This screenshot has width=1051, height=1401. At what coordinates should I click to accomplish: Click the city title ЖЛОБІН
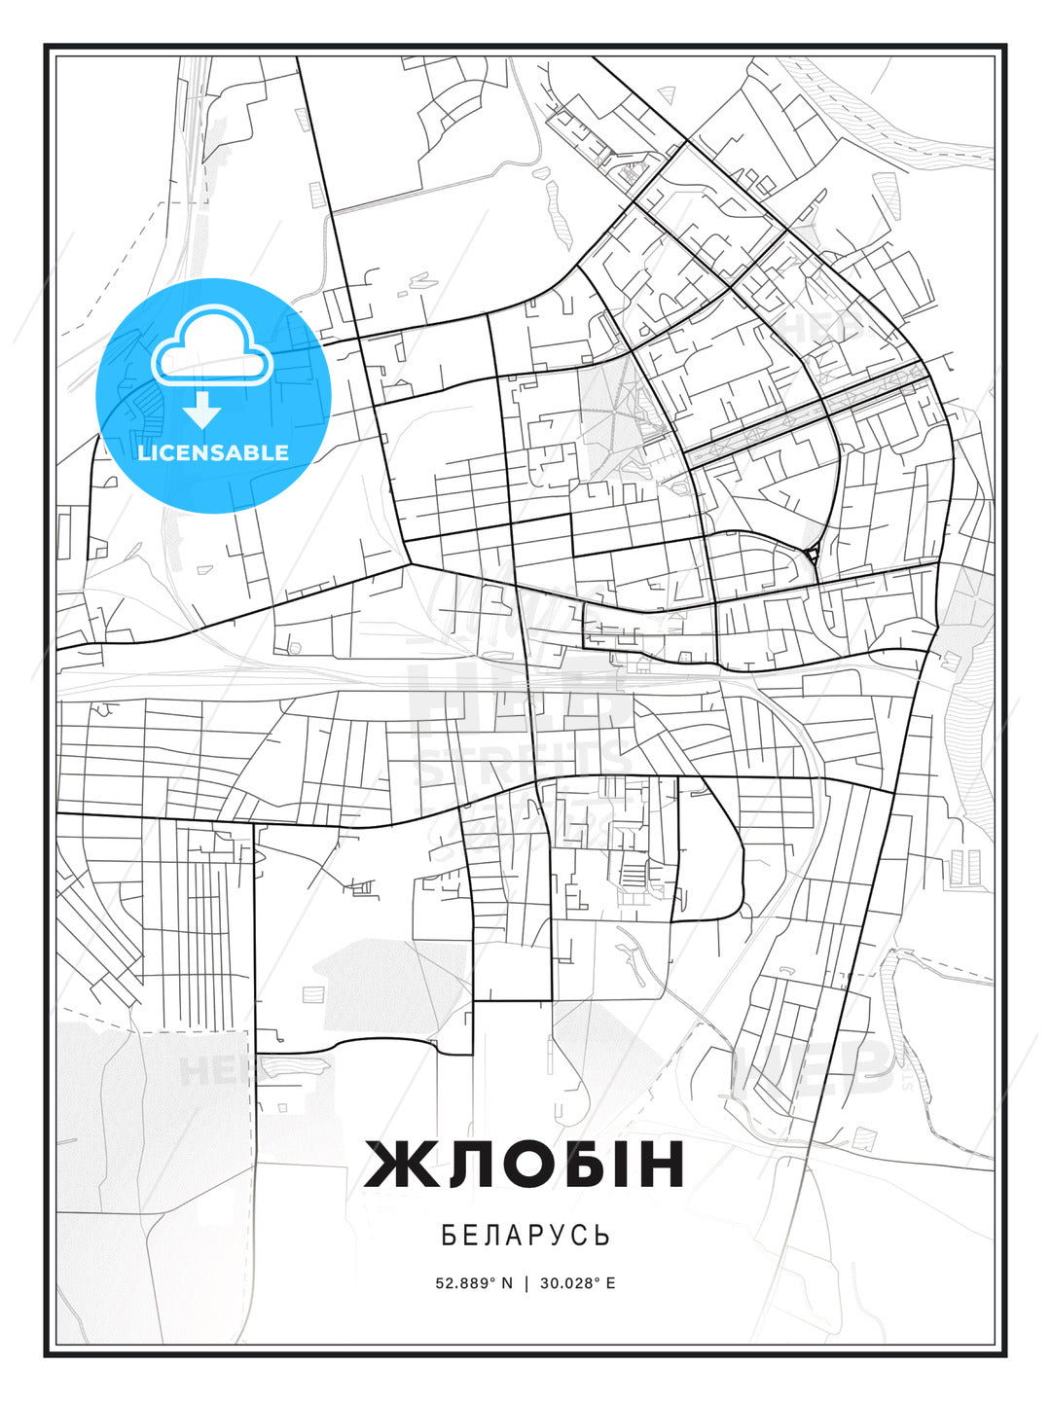pyautogui.click(x=525, y=1164)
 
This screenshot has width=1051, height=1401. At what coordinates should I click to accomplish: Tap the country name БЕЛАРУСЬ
pyautogui.click(x=525, y=1235)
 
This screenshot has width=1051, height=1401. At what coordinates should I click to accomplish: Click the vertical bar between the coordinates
pyautogui.click(x=526, y=1282)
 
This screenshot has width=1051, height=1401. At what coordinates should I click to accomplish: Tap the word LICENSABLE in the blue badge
pyautogui.click(x=213, y=452)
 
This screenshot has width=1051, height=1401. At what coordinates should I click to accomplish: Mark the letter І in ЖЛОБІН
pyautogui.click(x=619, y=1164)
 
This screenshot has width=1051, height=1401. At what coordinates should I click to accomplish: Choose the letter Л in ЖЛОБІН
pyautogui.click(x=455, y=1164)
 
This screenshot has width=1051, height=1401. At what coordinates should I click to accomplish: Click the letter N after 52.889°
pyautogui.click(x=506, y=1282)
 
